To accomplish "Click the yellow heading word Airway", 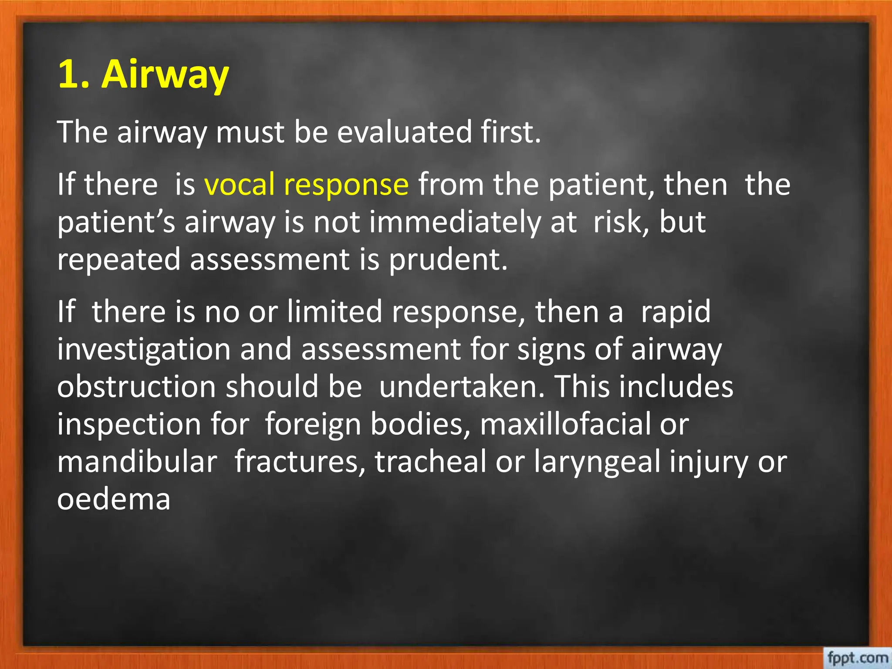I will point(165,75).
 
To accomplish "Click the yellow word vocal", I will point(239,184).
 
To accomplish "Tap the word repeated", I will point(118,260).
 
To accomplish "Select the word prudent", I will point(448,260).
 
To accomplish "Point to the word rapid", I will point(676,313).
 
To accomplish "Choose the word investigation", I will point(144,350).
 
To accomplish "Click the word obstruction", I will point(136,387).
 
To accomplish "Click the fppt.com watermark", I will point(858,657).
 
